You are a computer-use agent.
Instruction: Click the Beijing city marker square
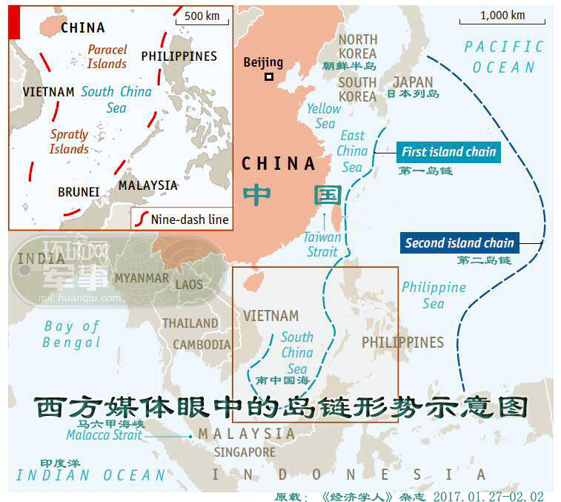click(x=269, y=76)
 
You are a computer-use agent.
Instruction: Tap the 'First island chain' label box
click(x=448, y=153)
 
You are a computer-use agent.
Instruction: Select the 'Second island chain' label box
click(x=459, y=242)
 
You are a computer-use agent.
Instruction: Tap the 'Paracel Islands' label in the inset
click(x=107, y=56)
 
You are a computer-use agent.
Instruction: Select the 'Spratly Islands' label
click(x=69, y=142)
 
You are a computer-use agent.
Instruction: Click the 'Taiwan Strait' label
click(x=322, y=245)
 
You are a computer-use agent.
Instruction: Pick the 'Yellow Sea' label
click(x=324, y=116)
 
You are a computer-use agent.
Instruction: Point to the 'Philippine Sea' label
click(x=434, y=295)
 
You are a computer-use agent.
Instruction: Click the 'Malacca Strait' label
click(x=104, y=436)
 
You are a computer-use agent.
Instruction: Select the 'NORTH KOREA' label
click(x=358, y=46)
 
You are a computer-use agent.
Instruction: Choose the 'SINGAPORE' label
click(x=245, y=452)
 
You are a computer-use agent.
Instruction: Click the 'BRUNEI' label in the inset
click(x=79, y=192)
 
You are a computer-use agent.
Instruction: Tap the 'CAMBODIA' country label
click(x=202, y=345)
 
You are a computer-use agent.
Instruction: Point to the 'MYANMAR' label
click(x=141, y=278)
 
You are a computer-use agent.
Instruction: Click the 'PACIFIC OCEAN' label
click(x=503, y=57)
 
